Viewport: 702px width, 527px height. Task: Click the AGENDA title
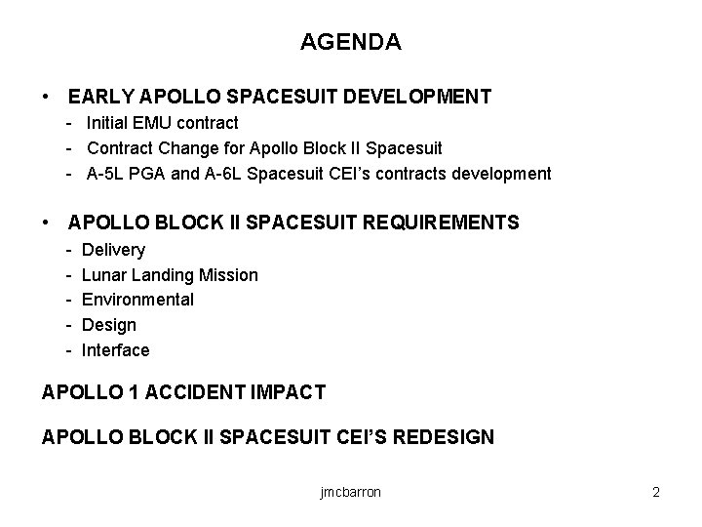click(x=350, y=43)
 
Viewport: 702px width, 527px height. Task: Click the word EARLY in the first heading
click(x=101, y=97)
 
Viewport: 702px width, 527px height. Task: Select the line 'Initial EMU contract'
click(x=162, y=123)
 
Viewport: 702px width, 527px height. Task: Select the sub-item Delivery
click(x=113, y=250)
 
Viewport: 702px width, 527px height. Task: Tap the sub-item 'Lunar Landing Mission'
click(x=170, y=275)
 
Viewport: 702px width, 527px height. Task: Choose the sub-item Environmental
click(x=137, y=300)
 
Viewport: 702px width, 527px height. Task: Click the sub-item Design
click(x=108, y=325)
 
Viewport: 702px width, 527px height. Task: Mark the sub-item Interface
click(x=115, y=350)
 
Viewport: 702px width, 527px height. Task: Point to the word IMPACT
click(x=292, y=392)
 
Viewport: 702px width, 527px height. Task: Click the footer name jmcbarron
click(x=350, y=492)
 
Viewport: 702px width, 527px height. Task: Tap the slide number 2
click(x=656, y=492)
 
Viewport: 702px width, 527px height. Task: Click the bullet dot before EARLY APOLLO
click(x=48, y=97)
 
